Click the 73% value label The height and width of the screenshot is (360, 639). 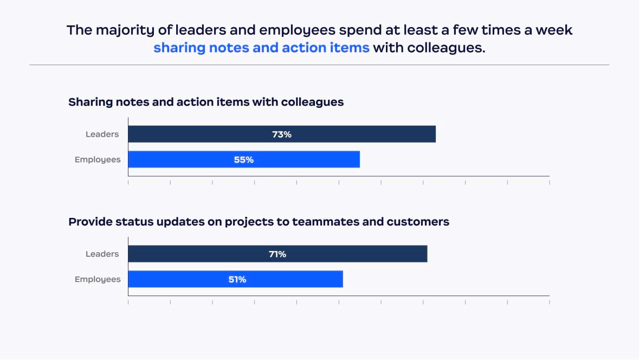coord(282,134)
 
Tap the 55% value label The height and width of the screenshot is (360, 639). coord(244,160)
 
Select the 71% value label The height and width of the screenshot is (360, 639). coord(277,254)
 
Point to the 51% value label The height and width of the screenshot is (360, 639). coord(236,279)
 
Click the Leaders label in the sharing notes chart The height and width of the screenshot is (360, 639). coord(102,134)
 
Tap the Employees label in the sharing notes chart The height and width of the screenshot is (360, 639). coord(98,160)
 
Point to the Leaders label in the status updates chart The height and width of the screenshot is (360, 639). coord(102,254)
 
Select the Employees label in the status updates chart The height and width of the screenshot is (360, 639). coord(98,279)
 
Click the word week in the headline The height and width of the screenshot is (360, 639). coord(554,30)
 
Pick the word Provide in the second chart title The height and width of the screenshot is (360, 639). coord(89,222)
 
